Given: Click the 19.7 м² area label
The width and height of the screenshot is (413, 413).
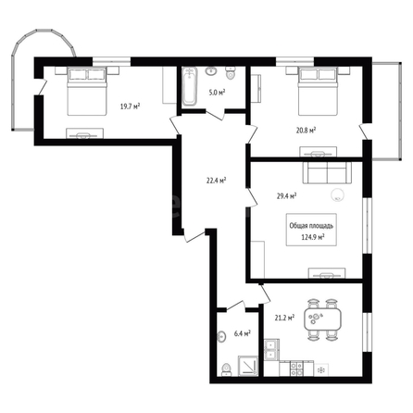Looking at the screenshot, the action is pos(130,106).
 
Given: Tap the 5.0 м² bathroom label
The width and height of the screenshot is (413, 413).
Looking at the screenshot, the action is pos(217,93).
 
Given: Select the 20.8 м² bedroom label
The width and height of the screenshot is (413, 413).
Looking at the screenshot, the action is pos(306,131).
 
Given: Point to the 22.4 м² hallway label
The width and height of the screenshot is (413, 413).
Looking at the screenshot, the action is pos(217,181).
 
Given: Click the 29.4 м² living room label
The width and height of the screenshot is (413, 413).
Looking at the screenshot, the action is pos(287,196).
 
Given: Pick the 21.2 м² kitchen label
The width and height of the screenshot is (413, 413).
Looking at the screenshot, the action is pos(284,318).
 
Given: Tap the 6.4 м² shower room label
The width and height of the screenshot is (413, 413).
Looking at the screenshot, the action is pos(242,333).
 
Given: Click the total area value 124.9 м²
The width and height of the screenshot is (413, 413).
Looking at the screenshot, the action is pos(312,237).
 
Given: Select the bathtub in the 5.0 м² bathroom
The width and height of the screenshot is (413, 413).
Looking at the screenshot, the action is pos(189,86).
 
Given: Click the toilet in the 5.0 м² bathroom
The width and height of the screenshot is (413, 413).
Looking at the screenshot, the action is pos(231,73).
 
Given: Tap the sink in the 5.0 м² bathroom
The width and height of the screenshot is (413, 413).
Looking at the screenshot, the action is pos(211,71).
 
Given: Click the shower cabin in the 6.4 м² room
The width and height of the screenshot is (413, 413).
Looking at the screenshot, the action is pos(248,366).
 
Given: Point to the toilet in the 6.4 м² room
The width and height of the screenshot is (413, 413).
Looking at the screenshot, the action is pos(227,369).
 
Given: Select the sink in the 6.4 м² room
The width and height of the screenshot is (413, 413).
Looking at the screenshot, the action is pos(221,336).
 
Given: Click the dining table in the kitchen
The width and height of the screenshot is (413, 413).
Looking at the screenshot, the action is pos(322,319).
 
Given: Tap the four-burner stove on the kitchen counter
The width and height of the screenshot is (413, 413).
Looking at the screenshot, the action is pos(297,369).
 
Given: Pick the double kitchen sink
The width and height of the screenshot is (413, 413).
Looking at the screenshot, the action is pos(271,350).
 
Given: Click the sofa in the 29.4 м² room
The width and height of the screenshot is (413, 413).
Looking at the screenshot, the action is pos(328,172).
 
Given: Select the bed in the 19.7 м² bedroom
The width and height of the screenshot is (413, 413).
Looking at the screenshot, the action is pos(87,91).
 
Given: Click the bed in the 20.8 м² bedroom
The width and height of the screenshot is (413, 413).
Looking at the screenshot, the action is pos(318,92).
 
